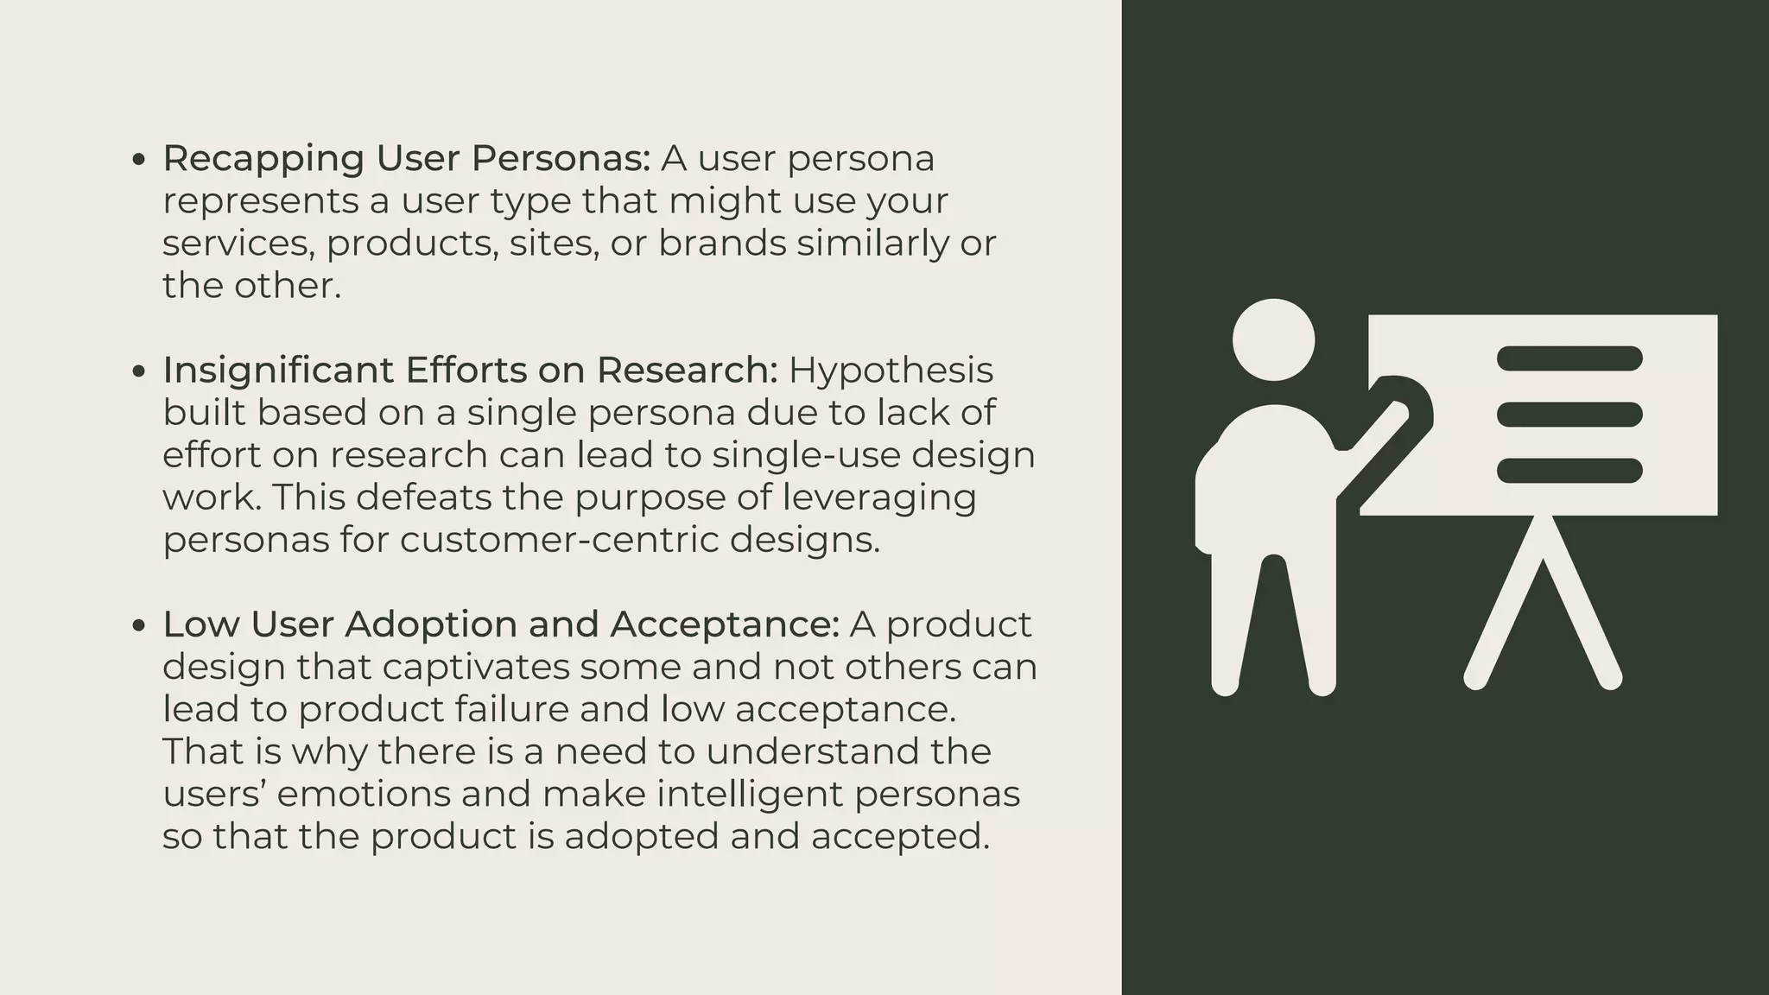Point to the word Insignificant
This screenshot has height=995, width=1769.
[278, 370]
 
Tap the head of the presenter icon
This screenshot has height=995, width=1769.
[1273, 339]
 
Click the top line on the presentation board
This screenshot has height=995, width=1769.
[1569, 358]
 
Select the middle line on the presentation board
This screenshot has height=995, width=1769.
[1569, 415]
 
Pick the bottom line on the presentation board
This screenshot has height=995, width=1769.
[1569, 471]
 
